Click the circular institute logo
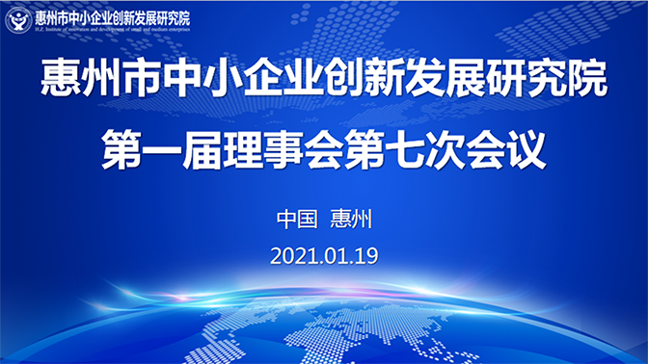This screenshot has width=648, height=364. (18, 19)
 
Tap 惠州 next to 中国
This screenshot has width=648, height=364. (350, 219)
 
